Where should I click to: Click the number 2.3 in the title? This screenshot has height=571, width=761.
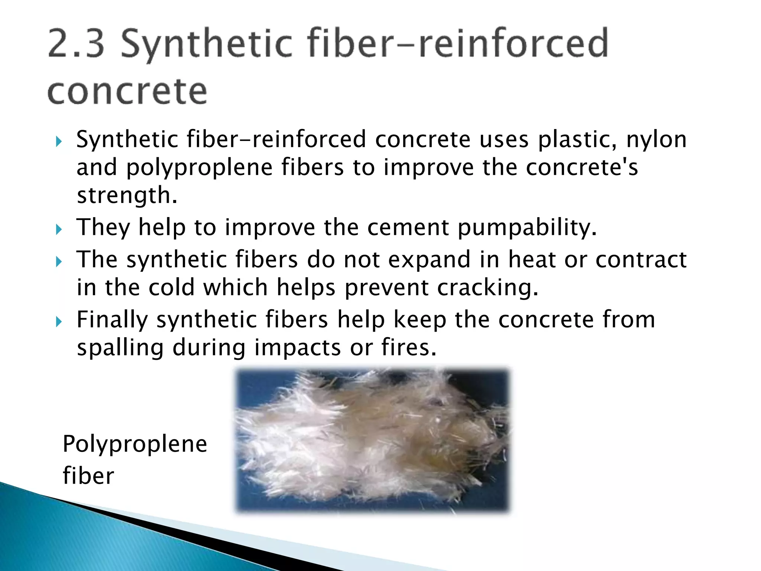click(x=76, y=44)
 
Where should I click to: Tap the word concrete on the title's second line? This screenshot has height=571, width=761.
click(x=127, y=91)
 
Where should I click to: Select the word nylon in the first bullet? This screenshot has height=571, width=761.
click(x=656, y=140)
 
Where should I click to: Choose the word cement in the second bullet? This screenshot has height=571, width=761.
click(x=408, y=227)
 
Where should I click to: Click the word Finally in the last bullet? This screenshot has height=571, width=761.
click(x=112, y=320)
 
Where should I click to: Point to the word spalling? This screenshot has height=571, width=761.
click(x=120, y=348)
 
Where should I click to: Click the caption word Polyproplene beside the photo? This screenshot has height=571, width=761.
click(x=135, y=445)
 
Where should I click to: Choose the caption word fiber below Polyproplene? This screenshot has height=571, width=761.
click(x=88, y=476)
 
